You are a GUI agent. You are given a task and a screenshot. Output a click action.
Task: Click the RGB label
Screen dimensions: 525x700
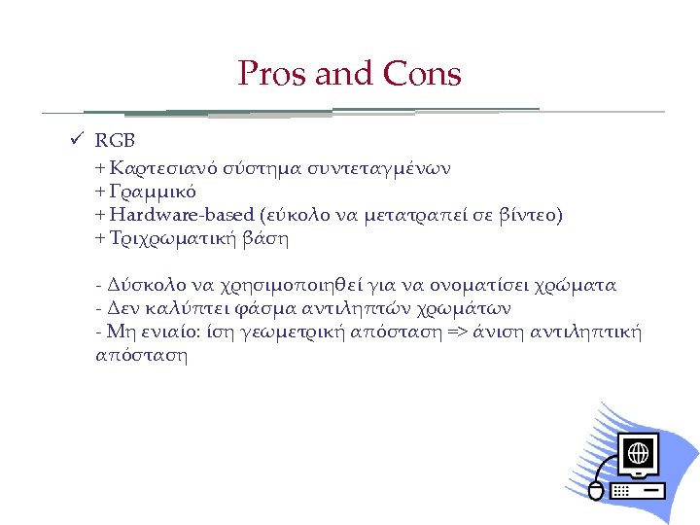coord(115,144)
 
